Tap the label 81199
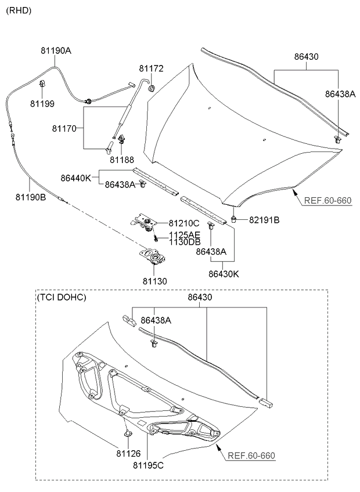point(42,104)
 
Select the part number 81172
point(151,68)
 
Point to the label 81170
point(66,128)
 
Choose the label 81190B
point(31,197)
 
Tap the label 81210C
point(184,223)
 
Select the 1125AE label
point(185,235)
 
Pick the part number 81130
point(153,281)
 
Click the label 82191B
point(264,220)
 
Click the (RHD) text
point(19,10)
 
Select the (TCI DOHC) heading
point(61,298)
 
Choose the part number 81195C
point(149,465)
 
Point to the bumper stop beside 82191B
point(233,219)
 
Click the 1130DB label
point(185,242)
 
